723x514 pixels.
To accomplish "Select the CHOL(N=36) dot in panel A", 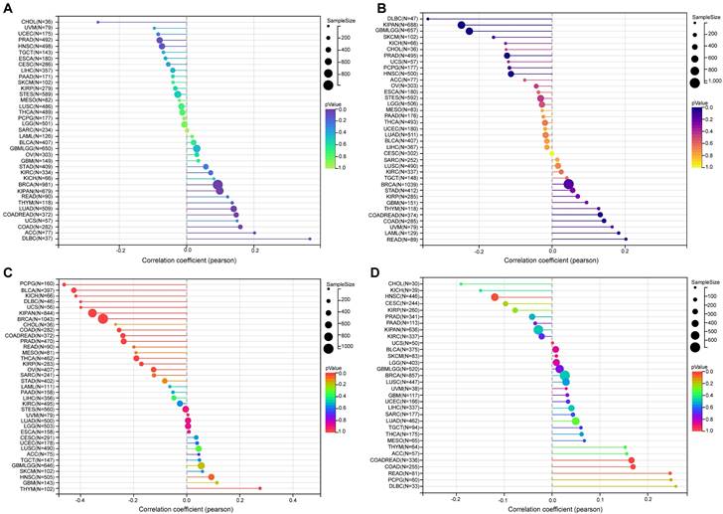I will [97, 21].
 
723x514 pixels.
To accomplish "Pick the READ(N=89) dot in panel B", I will [625, 239].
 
